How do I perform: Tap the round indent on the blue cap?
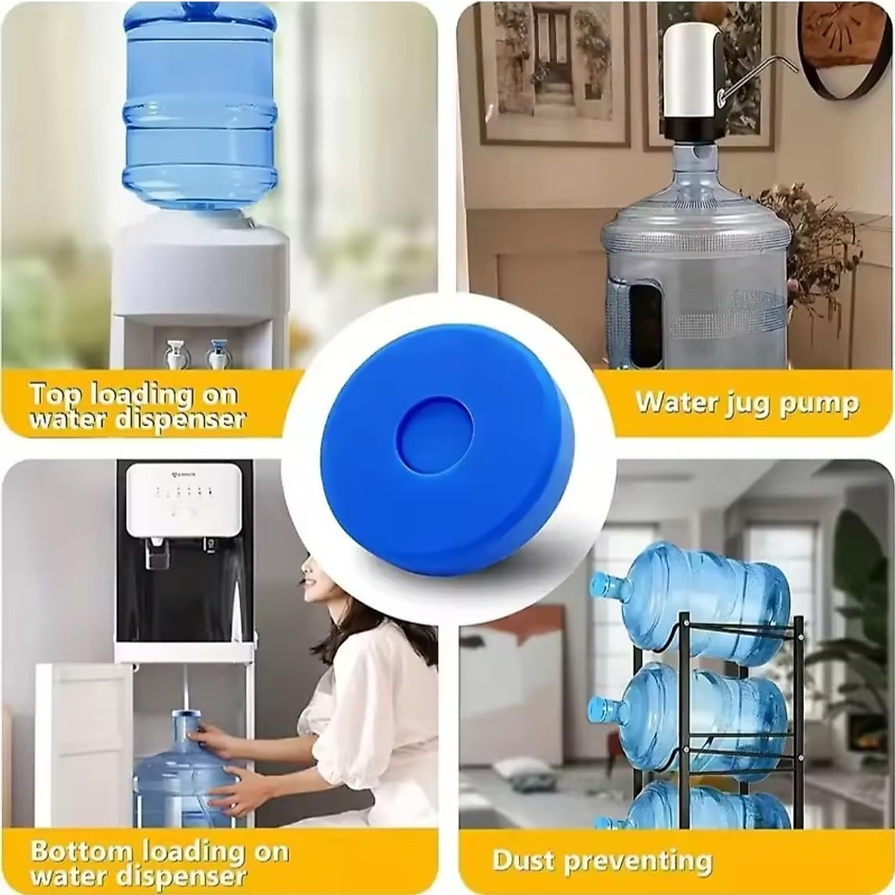click(435, 429)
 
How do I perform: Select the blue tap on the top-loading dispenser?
click(217, 352)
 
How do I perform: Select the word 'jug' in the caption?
click(741, 404)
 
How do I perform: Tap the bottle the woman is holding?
click(179, 776)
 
